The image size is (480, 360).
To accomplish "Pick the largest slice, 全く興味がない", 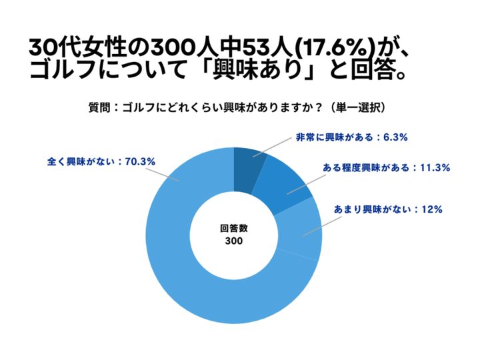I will [x=193, y=280].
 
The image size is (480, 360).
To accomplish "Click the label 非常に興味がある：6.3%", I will [x=351, y=138].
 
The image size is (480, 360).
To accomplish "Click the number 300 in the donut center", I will [x=234, y=241].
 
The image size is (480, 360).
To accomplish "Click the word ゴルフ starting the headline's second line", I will [x=67, y=71].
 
